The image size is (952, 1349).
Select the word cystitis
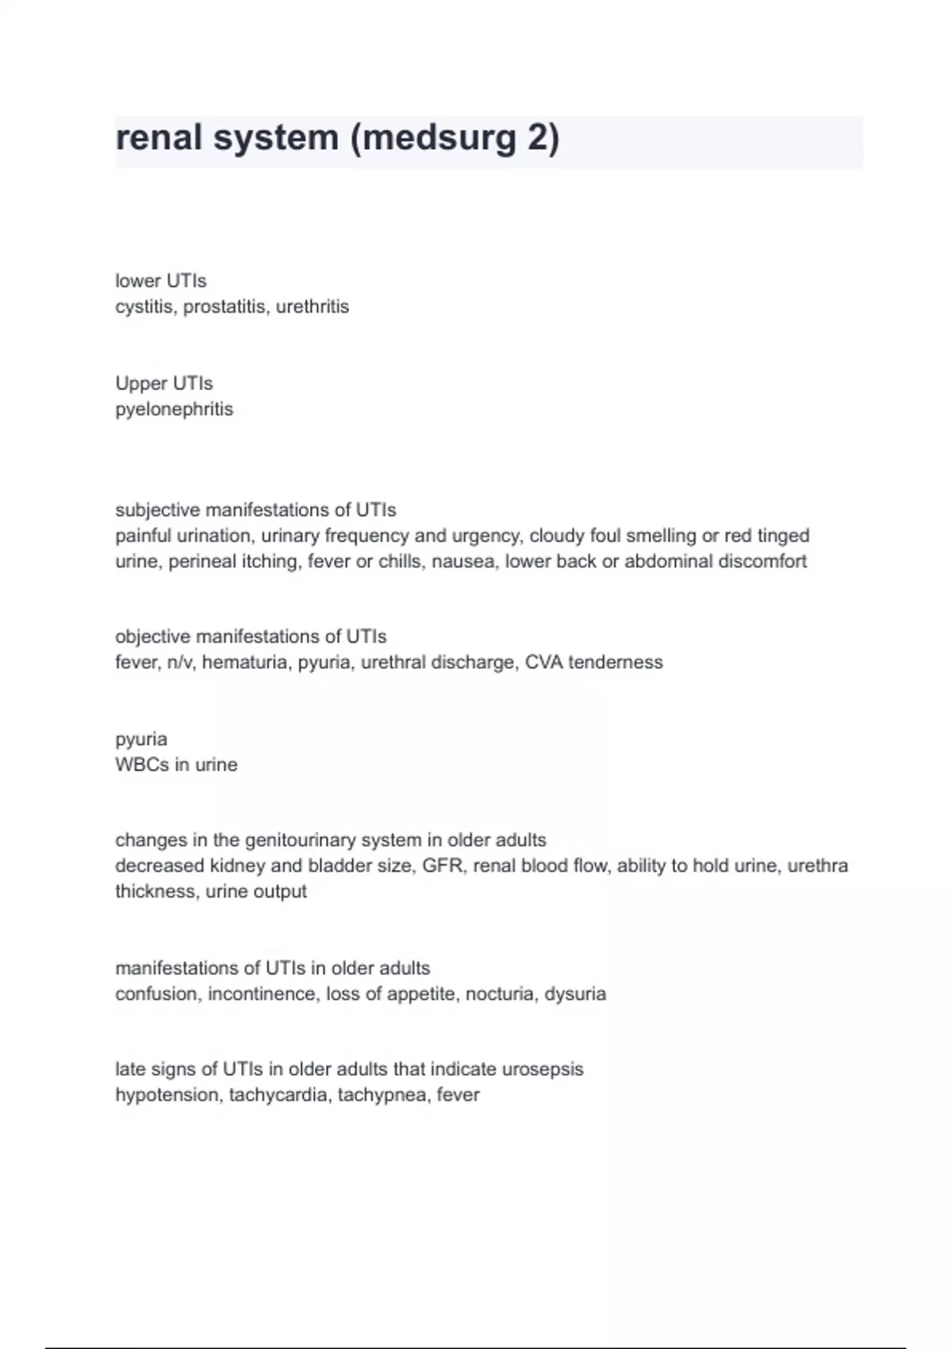pos(146,307)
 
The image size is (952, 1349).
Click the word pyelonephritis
pos(174,409)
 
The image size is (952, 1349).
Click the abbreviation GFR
pos(442,866)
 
